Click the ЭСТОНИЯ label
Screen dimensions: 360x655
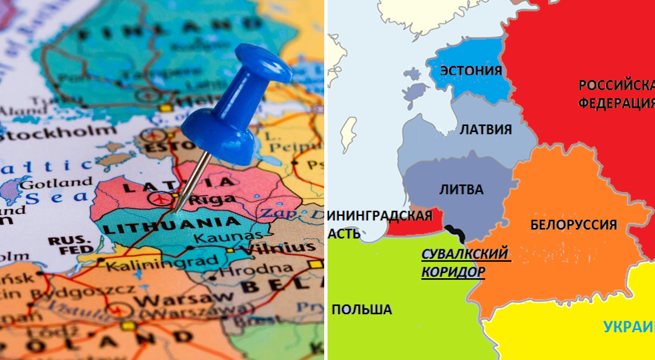click(471, 71)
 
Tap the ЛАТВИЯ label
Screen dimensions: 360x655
click(485, 129)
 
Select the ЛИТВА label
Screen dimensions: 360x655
click(461, 189)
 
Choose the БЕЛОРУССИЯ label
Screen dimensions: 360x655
click(573, 224)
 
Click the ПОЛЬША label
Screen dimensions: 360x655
click(361, 309)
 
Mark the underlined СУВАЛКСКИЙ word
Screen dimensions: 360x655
click(465, 254)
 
